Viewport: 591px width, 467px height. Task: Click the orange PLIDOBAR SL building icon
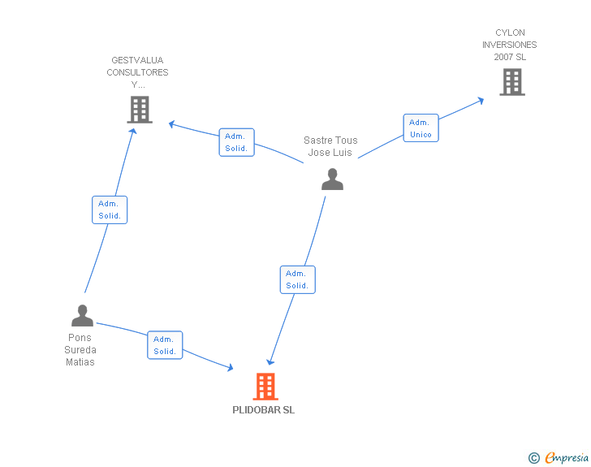265,387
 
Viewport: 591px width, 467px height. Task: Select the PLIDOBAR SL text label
264,410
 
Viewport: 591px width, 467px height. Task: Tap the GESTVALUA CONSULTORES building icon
140,109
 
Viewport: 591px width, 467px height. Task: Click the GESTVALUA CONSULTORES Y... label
138,72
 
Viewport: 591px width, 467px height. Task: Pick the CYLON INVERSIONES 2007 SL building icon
511,82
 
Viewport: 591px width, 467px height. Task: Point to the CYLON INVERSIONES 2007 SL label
510,45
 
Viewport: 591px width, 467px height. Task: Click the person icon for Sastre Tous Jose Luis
332,179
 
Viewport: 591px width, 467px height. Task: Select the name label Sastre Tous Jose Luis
330,146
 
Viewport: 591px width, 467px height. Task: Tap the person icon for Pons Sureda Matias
82,315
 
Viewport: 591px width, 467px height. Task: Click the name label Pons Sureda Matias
80,350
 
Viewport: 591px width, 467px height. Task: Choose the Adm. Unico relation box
421,128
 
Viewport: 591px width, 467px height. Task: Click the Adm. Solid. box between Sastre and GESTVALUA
236,142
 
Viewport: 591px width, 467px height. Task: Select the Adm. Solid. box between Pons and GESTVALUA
110,210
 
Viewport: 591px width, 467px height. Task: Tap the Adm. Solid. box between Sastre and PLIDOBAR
297,279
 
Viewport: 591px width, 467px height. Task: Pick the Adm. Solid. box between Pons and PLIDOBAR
165,345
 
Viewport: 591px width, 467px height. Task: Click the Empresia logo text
567,458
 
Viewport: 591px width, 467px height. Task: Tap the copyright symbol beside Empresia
534,458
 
